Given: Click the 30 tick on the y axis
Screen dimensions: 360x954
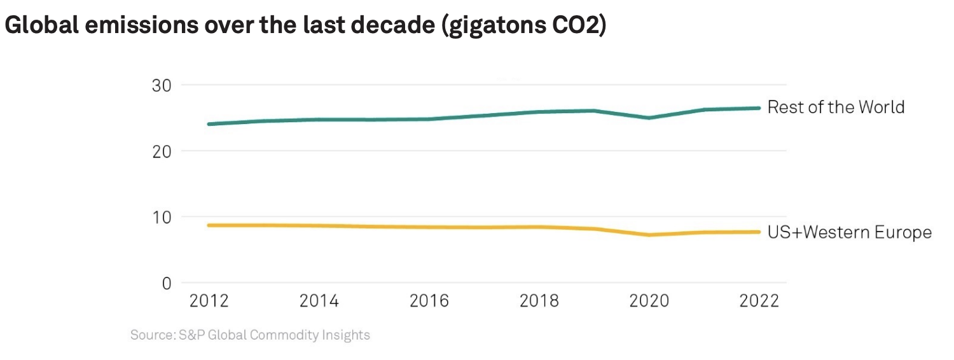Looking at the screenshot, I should (162, 85).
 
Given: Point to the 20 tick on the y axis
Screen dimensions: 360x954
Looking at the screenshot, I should (162, 151).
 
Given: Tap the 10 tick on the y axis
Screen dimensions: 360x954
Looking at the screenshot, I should (162, 218).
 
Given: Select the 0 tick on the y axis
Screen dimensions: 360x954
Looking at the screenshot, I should (167, 283).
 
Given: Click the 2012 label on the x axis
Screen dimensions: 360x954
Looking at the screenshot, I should (210, 301).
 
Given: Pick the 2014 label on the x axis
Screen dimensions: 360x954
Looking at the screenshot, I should (319, 301).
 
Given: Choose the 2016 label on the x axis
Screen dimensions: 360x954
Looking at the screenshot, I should (429, 301).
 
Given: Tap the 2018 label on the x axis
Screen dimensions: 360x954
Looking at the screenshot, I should (539, 301).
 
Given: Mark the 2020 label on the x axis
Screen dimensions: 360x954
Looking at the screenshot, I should (649, 301).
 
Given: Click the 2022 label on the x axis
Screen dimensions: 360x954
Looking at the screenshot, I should (759, 301).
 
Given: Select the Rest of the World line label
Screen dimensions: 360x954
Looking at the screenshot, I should (836, 107).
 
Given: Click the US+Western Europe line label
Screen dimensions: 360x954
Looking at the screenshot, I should (849, 233).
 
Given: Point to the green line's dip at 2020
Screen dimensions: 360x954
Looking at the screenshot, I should (649, 118).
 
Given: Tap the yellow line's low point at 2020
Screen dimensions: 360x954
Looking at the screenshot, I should (649, 235).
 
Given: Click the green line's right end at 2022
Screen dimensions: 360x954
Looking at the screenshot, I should (759, 108).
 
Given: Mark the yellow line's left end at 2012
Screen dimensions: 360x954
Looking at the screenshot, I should (210, 225).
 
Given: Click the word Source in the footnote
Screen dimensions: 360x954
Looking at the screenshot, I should (149, 335).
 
